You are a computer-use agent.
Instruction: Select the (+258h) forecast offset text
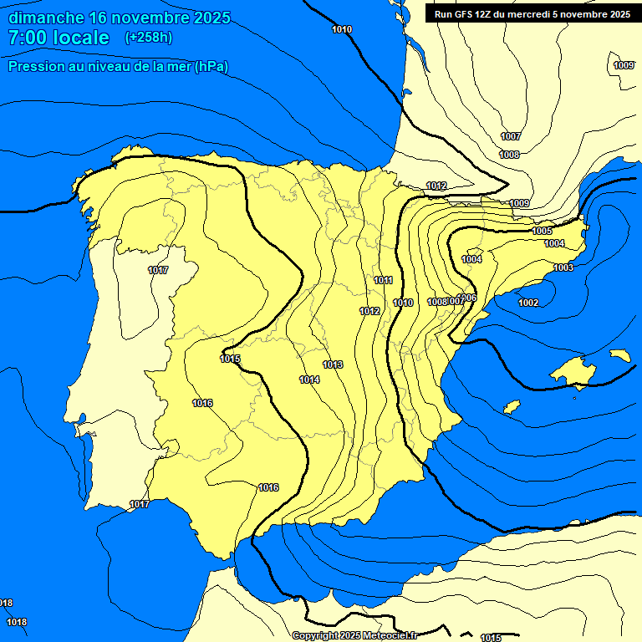click(x=149, y=38)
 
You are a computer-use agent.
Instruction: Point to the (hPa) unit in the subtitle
click(x=212, y=66)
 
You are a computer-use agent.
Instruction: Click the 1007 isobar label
click(x=511, y=136)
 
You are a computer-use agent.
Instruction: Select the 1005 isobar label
click(x=542, y=231)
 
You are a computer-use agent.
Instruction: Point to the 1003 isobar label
click(x=563, y=267)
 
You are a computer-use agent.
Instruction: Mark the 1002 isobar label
click(x=528, y=303)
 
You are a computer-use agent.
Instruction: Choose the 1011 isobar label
click(x=384, y=280)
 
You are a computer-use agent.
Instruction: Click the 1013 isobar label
click(x=333, y=364)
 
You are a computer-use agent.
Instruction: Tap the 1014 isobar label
click(x=309, y=380)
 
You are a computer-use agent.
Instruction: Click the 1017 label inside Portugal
click(x=158, y=270)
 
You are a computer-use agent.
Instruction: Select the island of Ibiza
click(x=512, y=406)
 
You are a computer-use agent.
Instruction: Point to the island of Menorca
click(x=620, y=354)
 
